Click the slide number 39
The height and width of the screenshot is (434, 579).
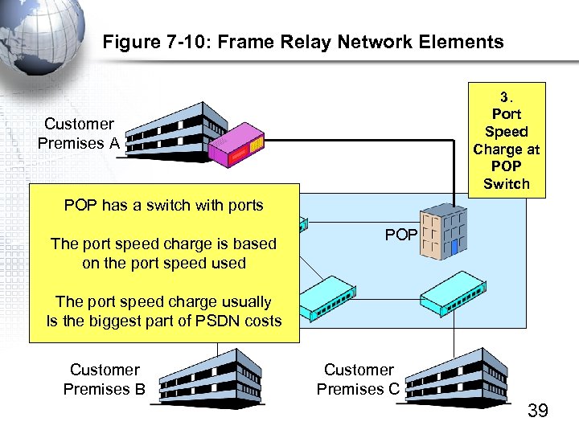pyautogui.click(x=537, y=411)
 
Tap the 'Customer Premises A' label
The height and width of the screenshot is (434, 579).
pyautogui.click(x=78, y=133)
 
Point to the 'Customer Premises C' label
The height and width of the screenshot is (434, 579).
pyautogui.click(x=358, y=379)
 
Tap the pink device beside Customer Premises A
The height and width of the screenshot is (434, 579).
pyautogui.click(x=235, y=145)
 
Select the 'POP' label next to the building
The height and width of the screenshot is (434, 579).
pyautogui.click(x=400, y=235)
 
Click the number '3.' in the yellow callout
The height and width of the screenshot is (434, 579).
pyautogui.click(x=507, y=96)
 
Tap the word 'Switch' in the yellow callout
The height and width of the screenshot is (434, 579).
pyautogui.click(x=507, y=184)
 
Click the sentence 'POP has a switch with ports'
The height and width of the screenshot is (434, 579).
pyautogui.click(x=163, y=205)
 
